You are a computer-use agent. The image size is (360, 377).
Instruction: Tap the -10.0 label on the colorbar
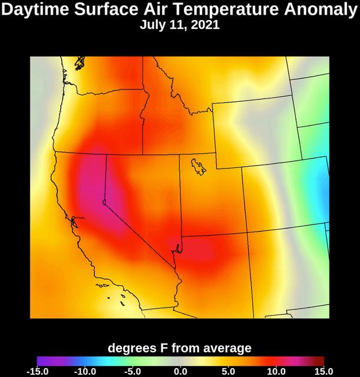click(x=85, y=371)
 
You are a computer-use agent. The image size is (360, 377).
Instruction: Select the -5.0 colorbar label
click(x=133, y=371)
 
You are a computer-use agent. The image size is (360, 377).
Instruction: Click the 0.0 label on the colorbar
click(x=181, y=371)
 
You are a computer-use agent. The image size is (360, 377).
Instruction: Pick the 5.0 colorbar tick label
click(x=229, y=371)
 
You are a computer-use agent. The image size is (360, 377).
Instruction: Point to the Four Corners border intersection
click(x=247, y=231)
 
